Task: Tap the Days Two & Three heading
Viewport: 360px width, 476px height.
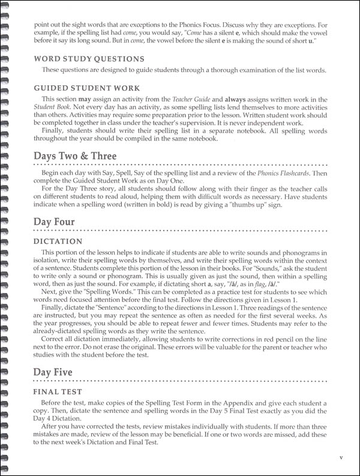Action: (75, 157)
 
